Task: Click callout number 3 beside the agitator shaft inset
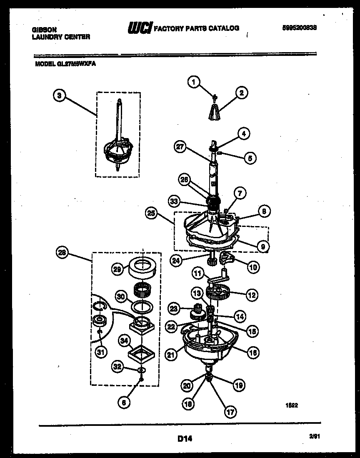pos(60,96)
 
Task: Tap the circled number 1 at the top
pos(192,83)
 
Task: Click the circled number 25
pos(151,213)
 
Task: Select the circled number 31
pos(100,353)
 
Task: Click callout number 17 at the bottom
pos(230,411)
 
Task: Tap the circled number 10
pos(252,266)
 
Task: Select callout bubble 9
pos(262,247)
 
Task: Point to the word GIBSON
pos(45,30)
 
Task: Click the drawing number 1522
pos(291,404)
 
